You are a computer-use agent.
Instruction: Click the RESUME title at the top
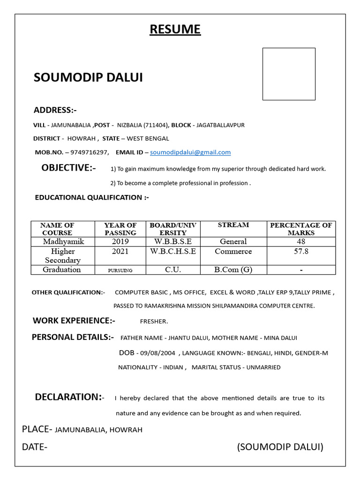pyautogui.click(x=175, y=30)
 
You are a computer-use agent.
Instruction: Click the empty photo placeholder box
pyautogui.click(x=289, y=74)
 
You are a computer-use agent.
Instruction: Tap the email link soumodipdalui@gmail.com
pyautogui.click(x=190, y=152)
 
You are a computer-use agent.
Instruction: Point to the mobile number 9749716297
pyautogui.click(x=90, y=152)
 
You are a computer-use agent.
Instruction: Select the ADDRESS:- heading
pyautogui.click(x=55, y=110)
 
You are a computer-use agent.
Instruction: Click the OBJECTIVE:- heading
pyautogui.click(x=68, y=168)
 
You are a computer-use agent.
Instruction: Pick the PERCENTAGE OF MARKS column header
pyautogui.click(x=301, y=229)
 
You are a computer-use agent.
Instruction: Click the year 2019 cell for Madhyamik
pyautogui.click(x=120, y=241)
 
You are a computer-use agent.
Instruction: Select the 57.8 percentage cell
pyautogui.click(x=301, y=252)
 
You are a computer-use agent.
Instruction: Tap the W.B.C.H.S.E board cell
pyautogui.click(x=173, y=251)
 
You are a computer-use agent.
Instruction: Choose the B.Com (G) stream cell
pyautogui.click(x=233, y=270)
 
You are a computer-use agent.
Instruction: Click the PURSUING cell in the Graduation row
pyautogui.click(x=120, y=270)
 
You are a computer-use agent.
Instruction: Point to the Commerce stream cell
pyautogui.click(x=233, y=251)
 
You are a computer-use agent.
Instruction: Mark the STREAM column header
pyautogui.click(x=233, y=225)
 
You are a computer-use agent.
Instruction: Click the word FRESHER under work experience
pyautogui.click(x=154, y=322)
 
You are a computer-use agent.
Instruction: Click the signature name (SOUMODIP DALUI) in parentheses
pyautogui.click(x=280, y=447)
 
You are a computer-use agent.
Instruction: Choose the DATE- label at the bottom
pyautogui.click(x=35, y=447)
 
